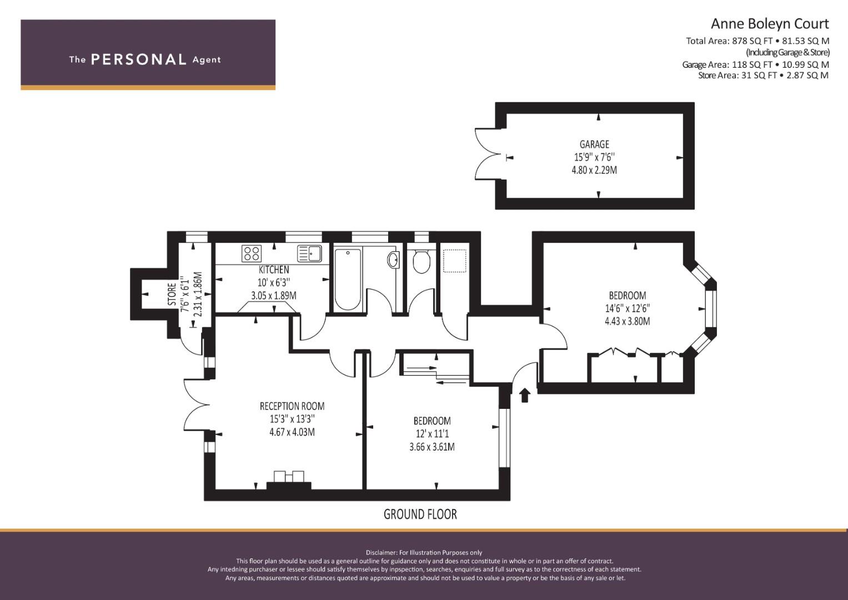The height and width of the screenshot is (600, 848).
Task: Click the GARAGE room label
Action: (594, 144)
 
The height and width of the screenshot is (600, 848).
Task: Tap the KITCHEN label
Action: (274, 269)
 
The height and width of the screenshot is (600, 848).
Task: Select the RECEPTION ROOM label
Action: (292, 407)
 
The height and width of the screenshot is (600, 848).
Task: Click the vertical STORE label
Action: (172, 294)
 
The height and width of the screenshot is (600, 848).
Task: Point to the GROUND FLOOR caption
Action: (420, 514)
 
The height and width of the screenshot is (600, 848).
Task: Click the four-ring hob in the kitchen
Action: (252, 253)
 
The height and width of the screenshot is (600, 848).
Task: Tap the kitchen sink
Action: (309, 253)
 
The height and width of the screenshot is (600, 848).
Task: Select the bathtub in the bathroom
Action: (348, 279)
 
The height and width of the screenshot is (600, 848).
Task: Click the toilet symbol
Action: (421, 261)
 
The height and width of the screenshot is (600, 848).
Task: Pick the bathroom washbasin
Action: (393, 260)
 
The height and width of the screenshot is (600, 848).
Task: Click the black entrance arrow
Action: (524, 394)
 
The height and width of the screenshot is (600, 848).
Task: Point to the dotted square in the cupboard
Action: (454, 261)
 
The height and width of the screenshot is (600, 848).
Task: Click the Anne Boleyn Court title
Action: (770, 24)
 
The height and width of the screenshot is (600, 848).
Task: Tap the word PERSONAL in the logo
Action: (139, 59)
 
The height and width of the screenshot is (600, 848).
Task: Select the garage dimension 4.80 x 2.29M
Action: (594, 170)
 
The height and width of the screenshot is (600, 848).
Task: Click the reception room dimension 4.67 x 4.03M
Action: (292, 432)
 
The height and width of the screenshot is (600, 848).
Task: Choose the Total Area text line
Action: (757, 41)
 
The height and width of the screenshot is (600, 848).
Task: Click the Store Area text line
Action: (763, 76)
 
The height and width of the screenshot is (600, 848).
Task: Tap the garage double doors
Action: (488, 154)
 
